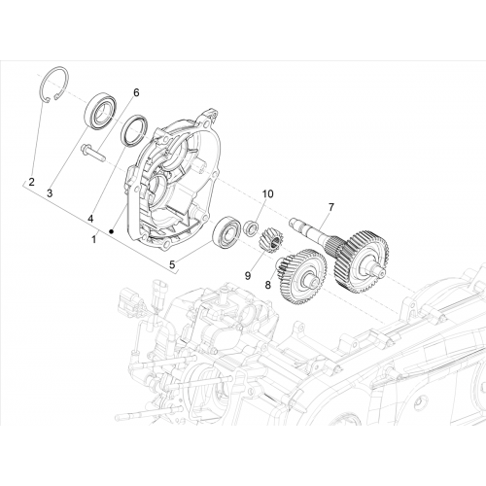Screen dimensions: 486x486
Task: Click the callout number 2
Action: (31, 182)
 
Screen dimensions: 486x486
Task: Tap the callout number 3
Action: (50, 193)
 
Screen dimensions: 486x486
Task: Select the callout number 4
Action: (90, 219)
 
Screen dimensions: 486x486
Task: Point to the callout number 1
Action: (93, 240)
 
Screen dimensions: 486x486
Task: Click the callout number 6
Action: (136, 92)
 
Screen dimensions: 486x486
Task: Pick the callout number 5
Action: (172, 264)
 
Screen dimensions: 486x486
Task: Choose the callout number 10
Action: (268, 193)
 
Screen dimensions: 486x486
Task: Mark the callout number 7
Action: (330, 207)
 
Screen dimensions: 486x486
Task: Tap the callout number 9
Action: (248, 276)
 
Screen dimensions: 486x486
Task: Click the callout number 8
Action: (267, 285)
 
